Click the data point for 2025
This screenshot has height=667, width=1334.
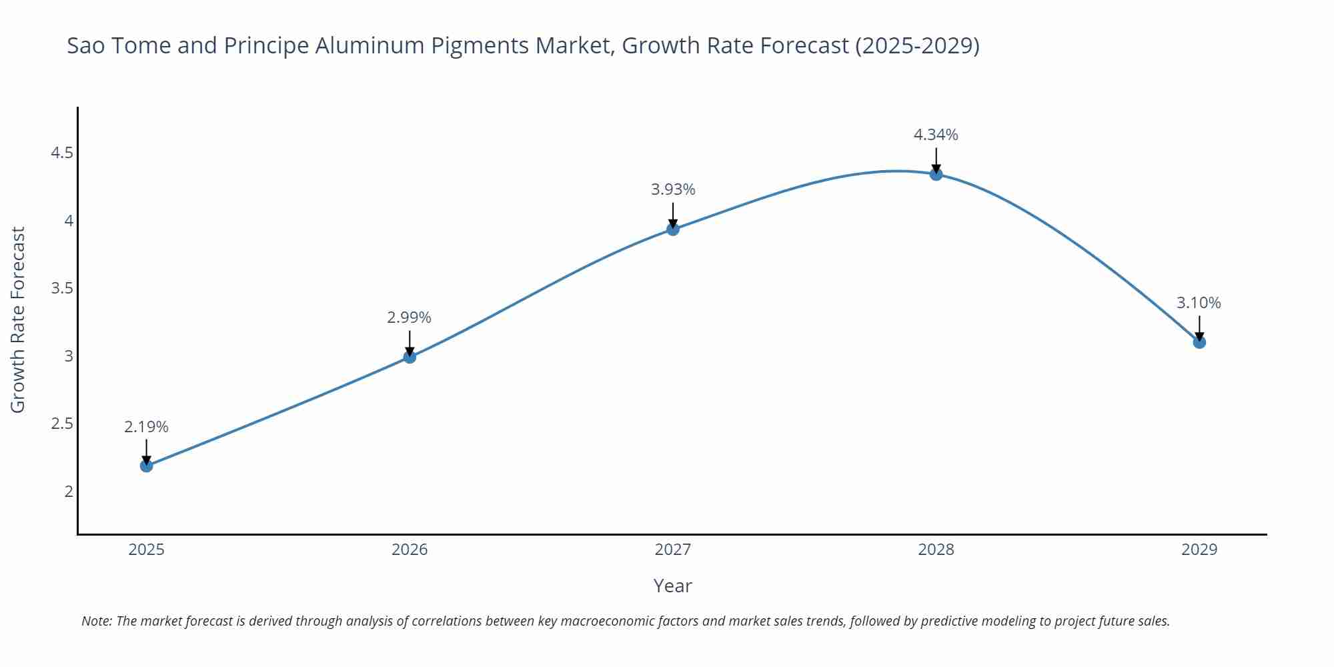[x=147, y=466]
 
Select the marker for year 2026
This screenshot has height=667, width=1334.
[x=410, y=357]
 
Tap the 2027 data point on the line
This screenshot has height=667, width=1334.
[x=673, y=229]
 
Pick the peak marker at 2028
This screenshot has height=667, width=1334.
[x=936, y=174]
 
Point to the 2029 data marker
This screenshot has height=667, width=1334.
[x=1199, y=342]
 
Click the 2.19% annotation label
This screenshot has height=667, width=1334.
[x=147, y=427]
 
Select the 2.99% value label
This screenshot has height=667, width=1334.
[x=410, y=317]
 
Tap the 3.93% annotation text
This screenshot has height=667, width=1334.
[x=673, y=189]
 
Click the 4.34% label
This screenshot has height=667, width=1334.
[x=936, y=135]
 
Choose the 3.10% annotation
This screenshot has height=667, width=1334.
[x=1199, y=303]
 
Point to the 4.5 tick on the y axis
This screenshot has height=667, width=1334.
[x=62, y=153]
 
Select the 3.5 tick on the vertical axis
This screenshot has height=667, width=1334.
[x=62, y=289]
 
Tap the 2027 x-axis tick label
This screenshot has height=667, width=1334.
[x=673, y=550]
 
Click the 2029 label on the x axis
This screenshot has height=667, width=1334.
[x=1199, y=550]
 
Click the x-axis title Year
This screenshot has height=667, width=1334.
[x=673, y=586]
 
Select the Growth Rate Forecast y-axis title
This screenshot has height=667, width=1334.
[x=18, y=319]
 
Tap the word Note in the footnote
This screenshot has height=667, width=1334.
[x=97, y=621]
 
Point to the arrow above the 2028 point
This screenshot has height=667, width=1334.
[x=936, y=160]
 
